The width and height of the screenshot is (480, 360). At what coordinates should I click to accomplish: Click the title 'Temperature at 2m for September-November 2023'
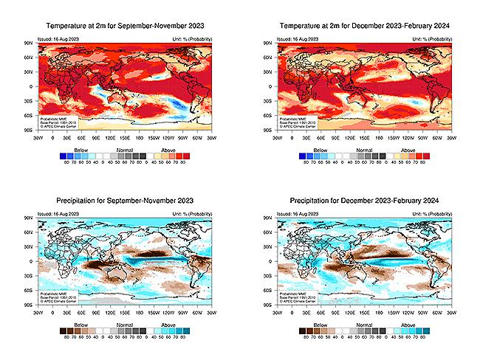point(123,26)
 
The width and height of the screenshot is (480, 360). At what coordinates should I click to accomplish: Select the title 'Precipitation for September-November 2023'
point(123,201)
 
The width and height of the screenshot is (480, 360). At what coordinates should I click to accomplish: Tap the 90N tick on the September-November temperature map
point(30,44)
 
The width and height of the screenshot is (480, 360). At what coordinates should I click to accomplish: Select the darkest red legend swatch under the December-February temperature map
point(425,156)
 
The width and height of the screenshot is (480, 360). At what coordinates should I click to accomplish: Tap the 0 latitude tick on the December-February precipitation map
point(271,261)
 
